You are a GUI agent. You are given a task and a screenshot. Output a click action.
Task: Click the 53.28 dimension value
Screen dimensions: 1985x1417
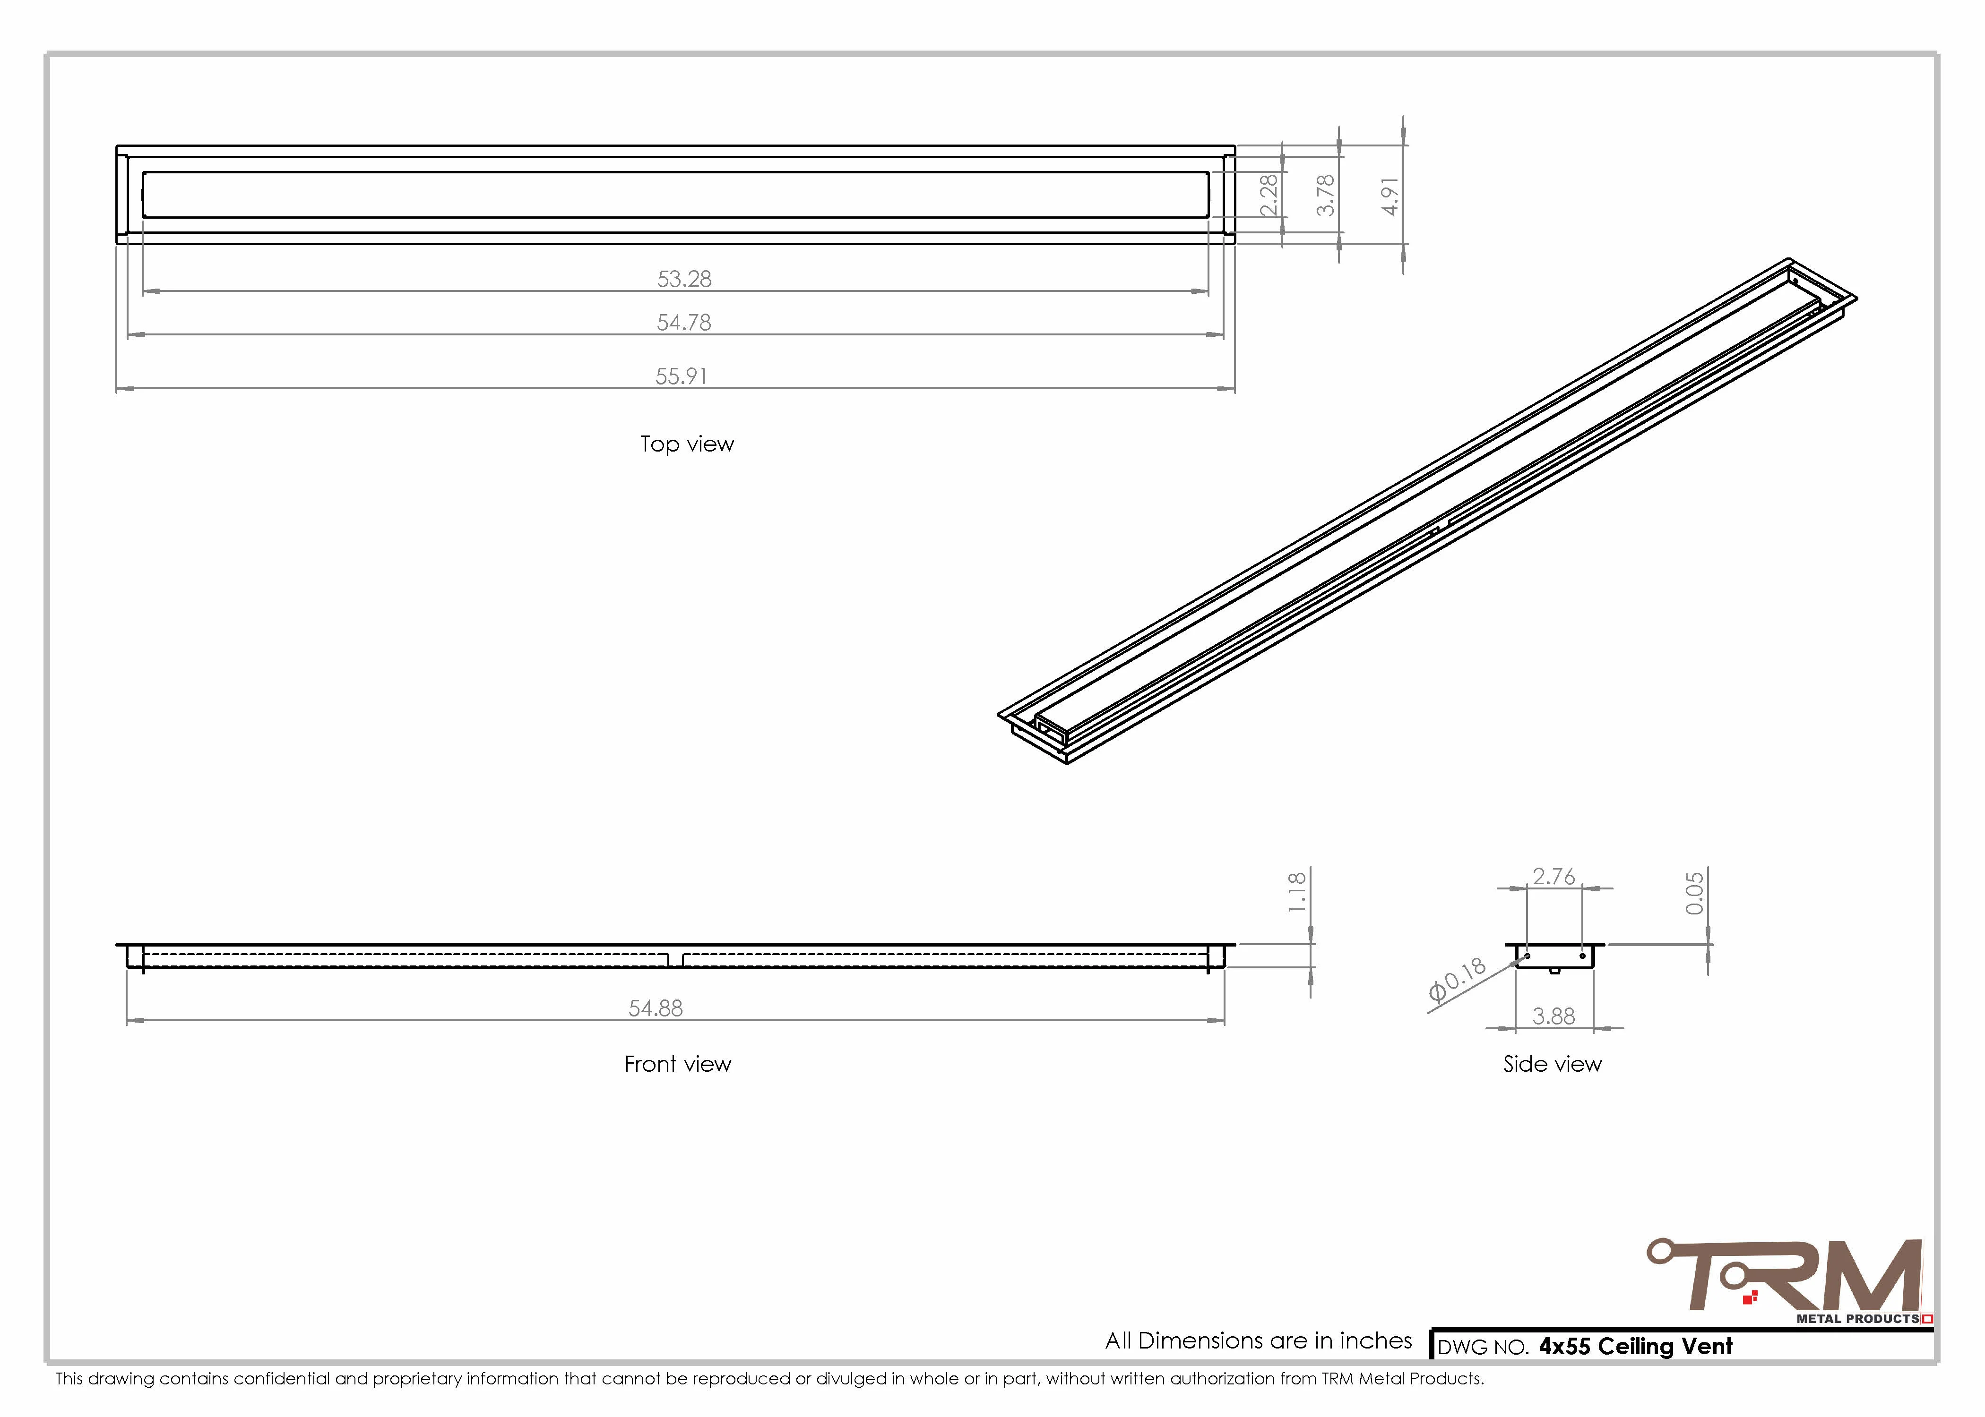click(x=684, y=279)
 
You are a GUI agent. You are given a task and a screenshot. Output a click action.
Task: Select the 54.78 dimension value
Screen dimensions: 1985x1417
click(x=684, y=323)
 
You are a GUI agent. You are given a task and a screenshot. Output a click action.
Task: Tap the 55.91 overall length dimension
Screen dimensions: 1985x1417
click(x=682, y=376)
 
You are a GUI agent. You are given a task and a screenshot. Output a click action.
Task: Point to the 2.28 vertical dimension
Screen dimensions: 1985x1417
click(x=1269, y=195)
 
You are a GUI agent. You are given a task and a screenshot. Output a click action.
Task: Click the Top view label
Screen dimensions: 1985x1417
click(x=687, y=444)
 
